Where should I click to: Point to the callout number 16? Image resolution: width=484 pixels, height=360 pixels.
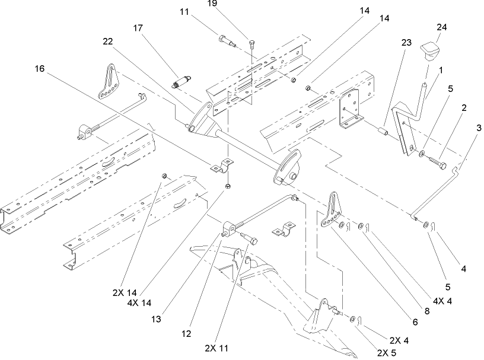point(39,69)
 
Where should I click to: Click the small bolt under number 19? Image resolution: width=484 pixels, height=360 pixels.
point(252,43)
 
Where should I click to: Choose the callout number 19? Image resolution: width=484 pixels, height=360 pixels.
point(245,4)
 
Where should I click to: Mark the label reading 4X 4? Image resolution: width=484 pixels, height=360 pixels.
point(442,300)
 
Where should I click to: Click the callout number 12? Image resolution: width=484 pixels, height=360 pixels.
point(187,333)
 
